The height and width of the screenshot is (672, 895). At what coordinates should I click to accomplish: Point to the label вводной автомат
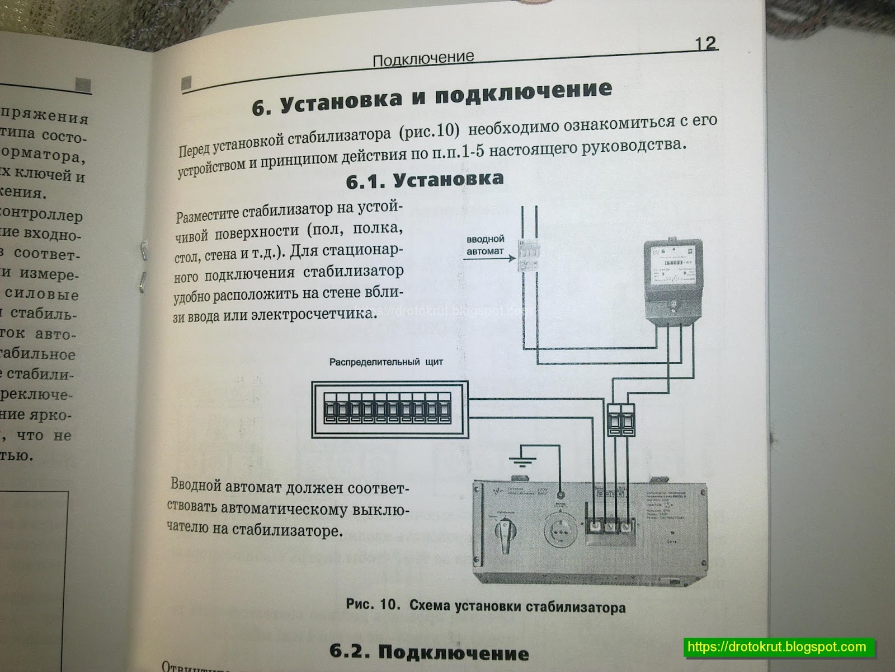(x=486, y=245)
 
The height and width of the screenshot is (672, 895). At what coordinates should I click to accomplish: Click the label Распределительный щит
(x=386, y=362)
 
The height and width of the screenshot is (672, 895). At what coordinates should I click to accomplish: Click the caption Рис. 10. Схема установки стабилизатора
(x=485, y=606)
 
